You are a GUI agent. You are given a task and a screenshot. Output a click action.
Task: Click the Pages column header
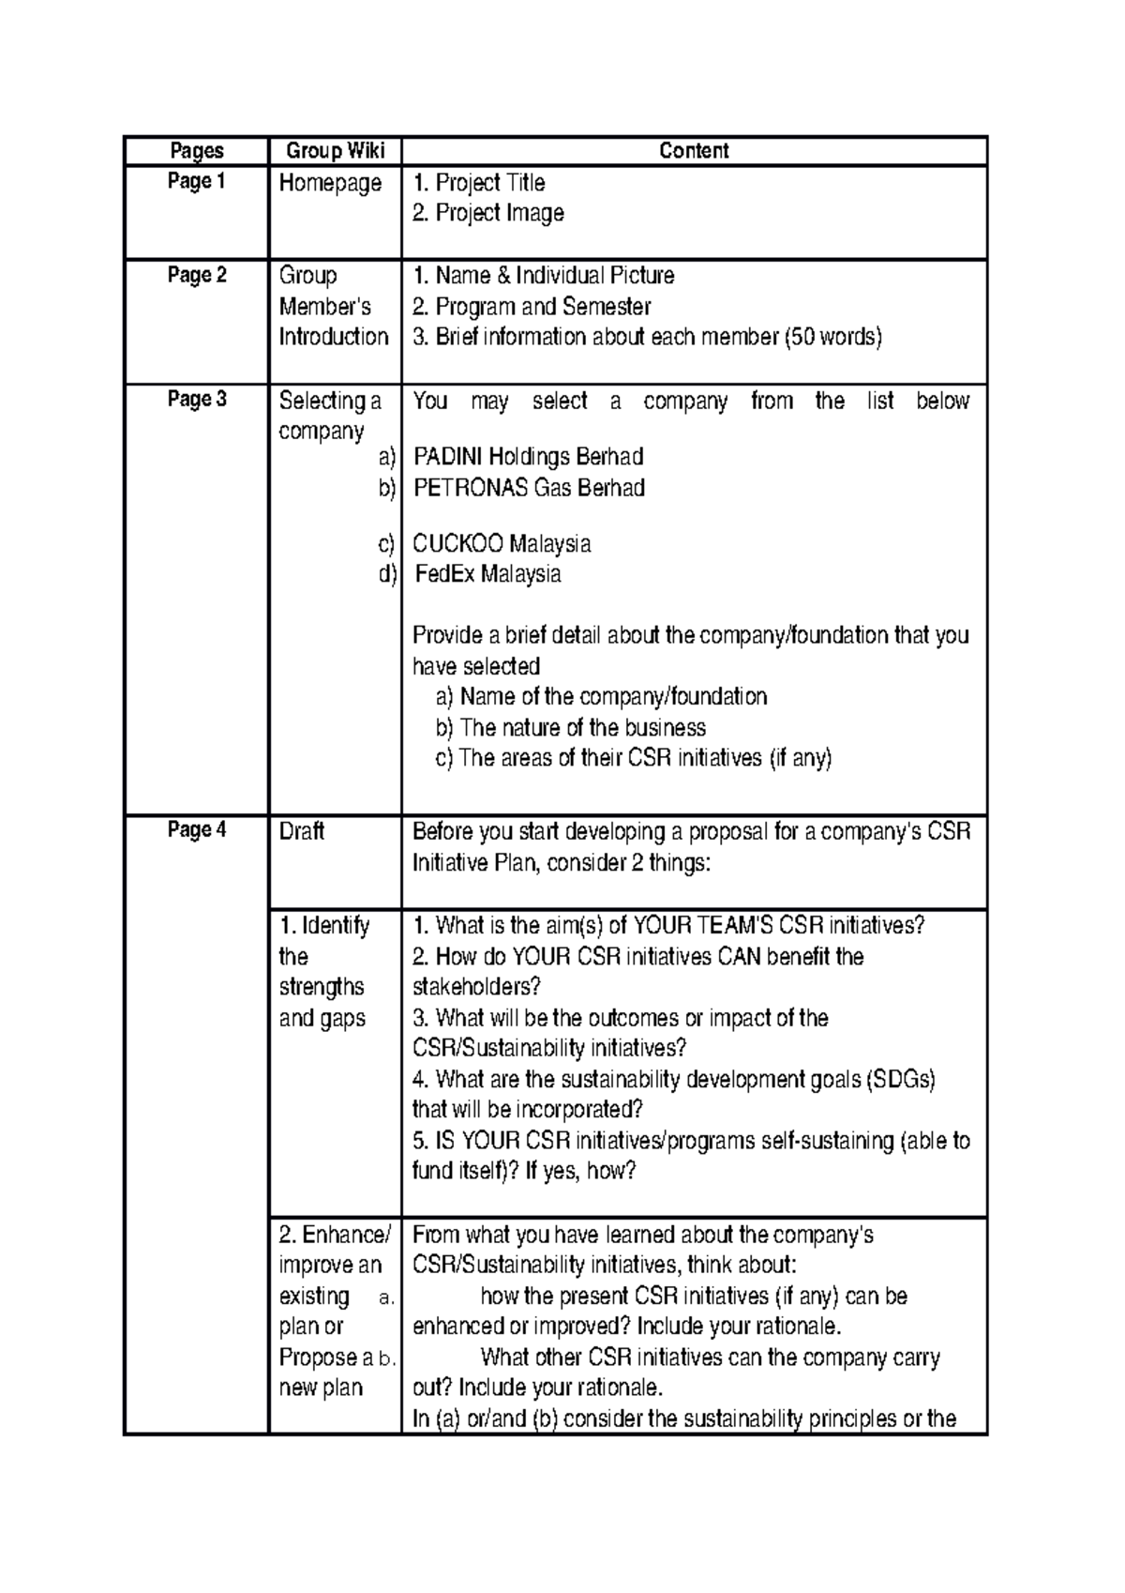point(197,151)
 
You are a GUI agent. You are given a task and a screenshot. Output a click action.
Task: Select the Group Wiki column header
point(335,151)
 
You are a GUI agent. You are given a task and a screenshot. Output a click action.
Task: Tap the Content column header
point(694,151)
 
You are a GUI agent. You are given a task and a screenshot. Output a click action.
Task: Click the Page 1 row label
point(197,182)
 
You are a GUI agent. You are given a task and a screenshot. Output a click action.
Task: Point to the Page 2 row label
point(197,276)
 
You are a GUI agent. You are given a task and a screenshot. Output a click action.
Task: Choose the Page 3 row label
point(197,400)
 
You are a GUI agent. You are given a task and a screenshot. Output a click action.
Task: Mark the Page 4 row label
point(197,830)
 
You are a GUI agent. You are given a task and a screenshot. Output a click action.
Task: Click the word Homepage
point(330,183)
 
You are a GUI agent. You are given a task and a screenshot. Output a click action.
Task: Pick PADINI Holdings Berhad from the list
point(528,457)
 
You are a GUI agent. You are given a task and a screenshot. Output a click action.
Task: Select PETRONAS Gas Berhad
point(529,488)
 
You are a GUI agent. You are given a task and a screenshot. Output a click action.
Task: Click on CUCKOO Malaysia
point(502,544)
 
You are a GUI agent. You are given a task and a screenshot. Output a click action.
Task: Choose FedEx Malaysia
point(487,574)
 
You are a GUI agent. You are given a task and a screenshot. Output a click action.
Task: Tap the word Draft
point(302,831)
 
